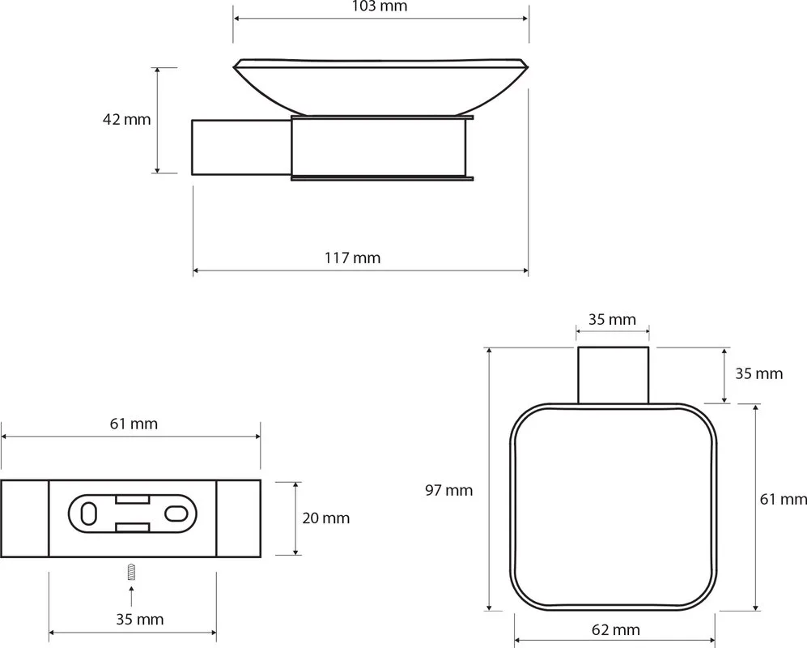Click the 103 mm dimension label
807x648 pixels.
(380, 6)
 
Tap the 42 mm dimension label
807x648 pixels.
(126, 120)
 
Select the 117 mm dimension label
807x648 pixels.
(353, 258)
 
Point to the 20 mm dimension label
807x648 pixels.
(325, 518)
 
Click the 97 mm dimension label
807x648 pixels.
(448, 490)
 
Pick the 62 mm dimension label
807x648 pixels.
(615, 629)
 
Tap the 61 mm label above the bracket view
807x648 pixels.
(134, 424)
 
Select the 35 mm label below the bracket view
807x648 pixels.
(139, 619)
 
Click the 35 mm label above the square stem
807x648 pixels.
(612, 319)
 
